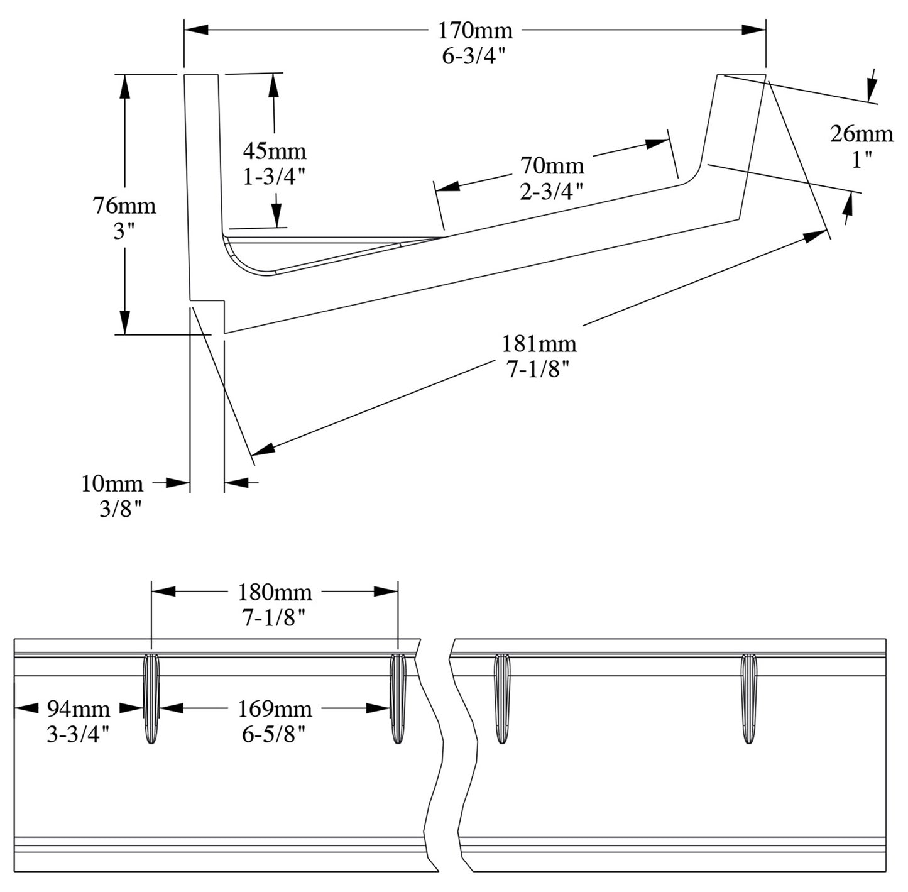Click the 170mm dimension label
pos(475,30)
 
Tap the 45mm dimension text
pos(275,151)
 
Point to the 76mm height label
pos(124,206)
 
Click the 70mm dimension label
pos(552,165)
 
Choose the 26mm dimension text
pos(862,134)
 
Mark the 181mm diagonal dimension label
pos(539,344)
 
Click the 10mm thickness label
pos(112,483)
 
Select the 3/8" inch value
pos(121,509)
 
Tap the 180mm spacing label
pos(275,592)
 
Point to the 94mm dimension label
pos(79,709)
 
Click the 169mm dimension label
pos(275,709)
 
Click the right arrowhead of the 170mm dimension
pos(754,30)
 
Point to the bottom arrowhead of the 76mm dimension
pos(125,322)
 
